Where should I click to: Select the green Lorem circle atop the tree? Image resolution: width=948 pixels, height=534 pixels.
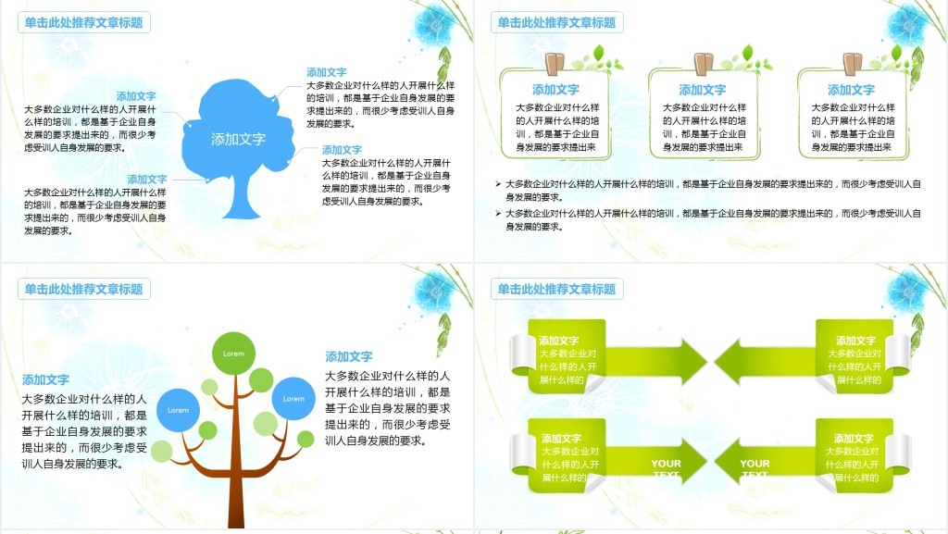tap(233, 353)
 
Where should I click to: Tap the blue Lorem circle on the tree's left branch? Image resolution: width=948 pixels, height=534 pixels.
tap(178, 410)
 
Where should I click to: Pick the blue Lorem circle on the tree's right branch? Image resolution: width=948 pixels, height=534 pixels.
tap(293, 399)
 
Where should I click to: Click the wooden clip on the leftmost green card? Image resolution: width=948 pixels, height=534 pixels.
tap(555, 63)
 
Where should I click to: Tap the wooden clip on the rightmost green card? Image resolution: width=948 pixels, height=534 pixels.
tap(852, 63)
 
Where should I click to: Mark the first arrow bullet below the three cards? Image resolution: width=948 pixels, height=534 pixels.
tap(498, 184)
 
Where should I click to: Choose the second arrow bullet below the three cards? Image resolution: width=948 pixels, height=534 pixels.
tap(498, 214)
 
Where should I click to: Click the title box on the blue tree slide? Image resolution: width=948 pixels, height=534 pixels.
tap(84, 23)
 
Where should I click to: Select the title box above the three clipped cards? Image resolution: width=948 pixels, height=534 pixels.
tap(556, 23)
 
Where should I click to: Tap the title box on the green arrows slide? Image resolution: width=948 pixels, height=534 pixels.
tap(556, 290)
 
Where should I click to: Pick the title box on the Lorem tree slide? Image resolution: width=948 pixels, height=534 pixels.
tap(84, 290)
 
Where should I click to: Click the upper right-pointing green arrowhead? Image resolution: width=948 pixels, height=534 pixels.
tap(691, 360)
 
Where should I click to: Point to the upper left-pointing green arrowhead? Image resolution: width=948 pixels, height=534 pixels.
tap(731, 360)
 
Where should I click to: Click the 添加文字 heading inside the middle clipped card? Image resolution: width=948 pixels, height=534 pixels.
tap(703, 90)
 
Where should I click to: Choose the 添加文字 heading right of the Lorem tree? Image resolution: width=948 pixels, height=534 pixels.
tap(349, 356)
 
